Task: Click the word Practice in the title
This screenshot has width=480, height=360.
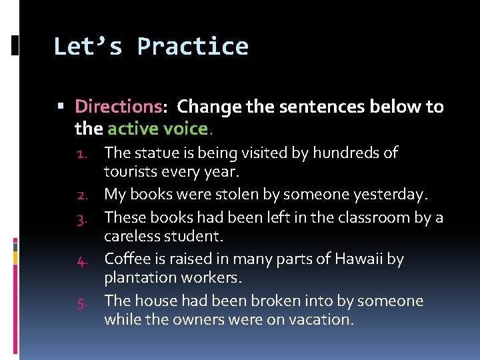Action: pos(193,47)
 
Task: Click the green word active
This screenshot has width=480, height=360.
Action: pos(132,127)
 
